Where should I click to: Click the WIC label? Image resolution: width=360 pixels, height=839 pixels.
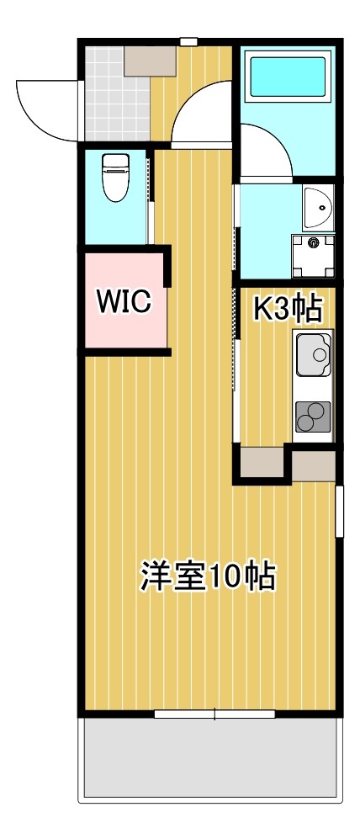(x=123, y=301)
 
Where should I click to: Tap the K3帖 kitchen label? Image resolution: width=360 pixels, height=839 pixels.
(x=288, y=310)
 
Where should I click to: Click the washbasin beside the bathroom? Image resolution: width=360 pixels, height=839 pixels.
(x=317, y=207)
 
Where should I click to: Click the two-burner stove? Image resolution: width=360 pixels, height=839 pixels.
(x=313, y=416)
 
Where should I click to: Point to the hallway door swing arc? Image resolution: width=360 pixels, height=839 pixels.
(x=202, y=114)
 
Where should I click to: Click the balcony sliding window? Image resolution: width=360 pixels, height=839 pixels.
(x=214, y=714)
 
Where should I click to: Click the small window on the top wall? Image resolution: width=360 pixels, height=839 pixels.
(x=188, y=41)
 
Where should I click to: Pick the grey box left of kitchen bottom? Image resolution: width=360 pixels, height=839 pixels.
(x=262, y=461)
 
